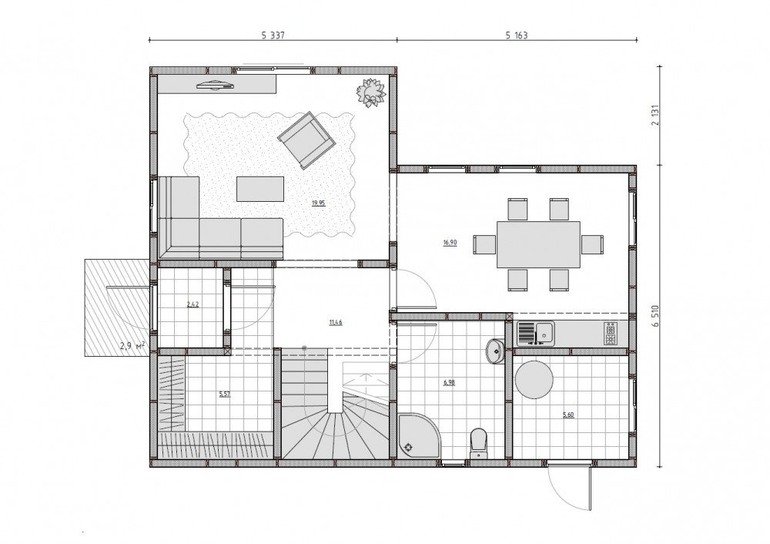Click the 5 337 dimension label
(273, 35)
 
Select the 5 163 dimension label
(517, 35)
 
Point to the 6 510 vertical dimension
(656, 317)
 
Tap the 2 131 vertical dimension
(656, 114)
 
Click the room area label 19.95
(318, 203)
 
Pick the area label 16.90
(450, 242)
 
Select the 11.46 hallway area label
(336, 323)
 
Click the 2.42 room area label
(193, 304)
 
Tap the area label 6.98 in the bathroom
(449, 382)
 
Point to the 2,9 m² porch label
(132, 345)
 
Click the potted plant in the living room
(371, 92)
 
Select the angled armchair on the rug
(306, 140)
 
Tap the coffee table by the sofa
(260, 190)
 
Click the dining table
(538, 244)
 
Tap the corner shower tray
(419, 435)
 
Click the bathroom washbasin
(495, 351)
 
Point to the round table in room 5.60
(534, 380)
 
